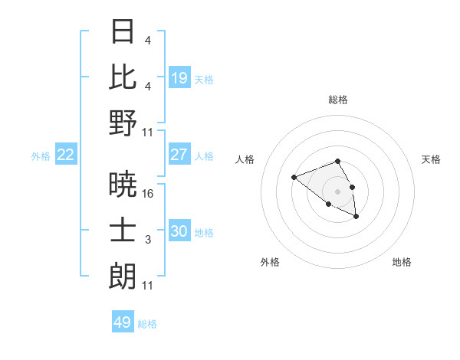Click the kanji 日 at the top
(123, 32)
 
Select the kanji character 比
(123, 77)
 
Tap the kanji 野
(123, 123)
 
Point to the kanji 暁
(123, 185)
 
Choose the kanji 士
(123, 231)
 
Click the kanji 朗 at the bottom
(123, 276)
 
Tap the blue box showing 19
(179, 78)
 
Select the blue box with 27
(179, 155)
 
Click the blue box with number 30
(179, 231)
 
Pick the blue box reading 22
(66, 155)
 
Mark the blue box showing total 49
(123, 322)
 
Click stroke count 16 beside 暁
(148, 195)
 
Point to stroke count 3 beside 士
(147, 241)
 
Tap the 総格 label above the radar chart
(338, 100)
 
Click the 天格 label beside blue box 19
(204, 79)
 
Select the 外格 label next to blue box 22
(41, 155)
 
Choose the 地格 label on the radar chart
(402, 262)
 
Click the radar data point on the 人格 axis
(294, 178)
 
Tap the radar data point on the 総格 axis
(338, 161)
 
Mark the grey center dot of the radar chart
(338, 191)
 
